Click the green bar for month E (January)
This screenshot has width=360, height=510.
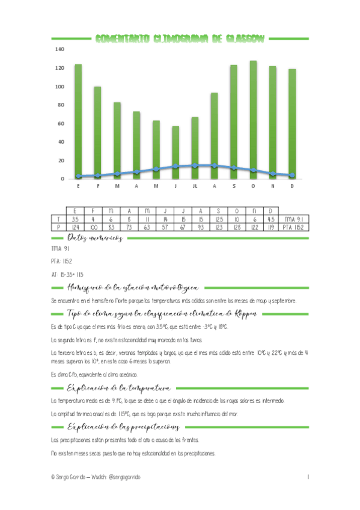[x=78, y=120]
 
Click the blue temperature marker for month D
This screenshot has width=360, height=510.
[x=292, y=176]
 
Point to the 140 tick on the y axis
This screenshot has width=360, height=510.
[x=59, y=49]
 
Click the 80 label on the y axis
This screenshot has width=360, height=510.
[x=60, y=105]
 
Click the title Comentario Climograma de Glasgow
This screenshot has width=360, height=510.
[x=180, y=39]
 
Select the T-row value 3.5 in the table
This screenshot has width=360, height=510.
[x=75, y=220]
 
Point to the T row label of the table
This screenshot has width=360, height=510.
[x=58, y=220]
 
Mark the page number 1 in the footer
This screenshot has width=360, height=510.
[x=307, y=477]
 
